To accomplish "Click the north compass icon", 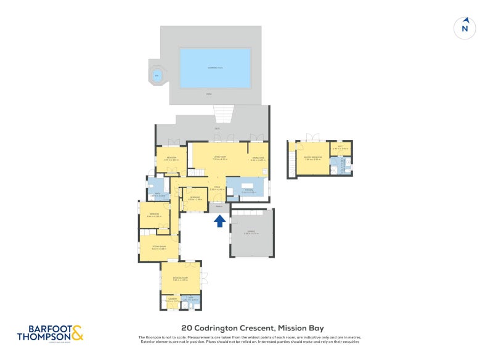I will (465, 28).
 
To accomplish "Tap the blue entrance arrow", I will (219, 221).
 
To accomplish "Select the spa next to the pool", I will (157, 75).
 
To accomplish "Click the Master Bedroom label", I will (312, 158).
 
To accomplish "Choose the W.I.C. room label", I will (340, 148).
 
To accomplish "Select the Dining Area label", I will (258, 158).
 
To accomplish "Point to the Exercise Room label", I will (180, 278).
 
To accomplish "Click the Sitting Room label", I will (160, 247).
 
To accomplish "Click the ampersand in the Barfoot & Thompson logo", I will (76, 333).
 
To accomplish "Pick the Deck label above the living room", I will (217, 129).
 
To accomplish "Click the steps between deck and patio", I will (224, 113).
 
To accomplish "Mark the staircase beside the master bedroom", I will (291, 163).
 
